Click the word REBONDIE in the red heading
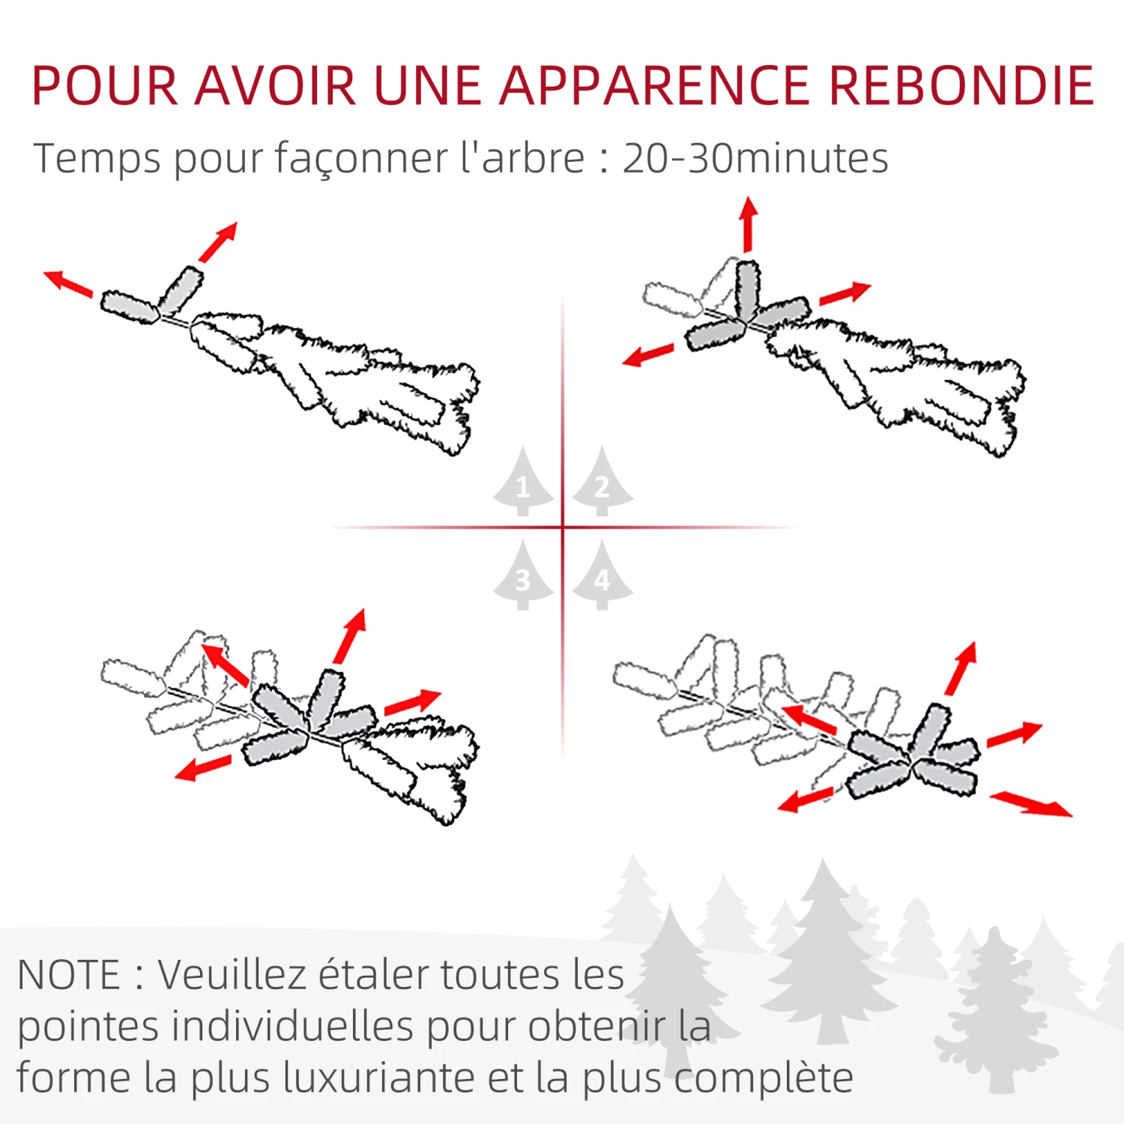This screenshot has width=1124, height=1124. (x=961, y=85)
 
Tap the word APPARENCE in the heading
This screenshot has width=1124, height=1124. (x=654, y=85)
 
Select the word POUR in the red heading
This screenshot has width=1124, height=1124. (x=105, y=85)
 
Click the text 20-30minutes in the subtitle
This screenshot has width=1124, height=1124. (x=755, y=158)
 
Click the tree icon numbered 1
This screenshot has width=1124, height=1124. (x=523, y=483)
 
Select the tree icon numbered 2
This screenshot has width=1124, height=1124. (x=602, y=483)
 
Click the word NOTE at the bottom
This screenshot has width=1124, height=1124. (x=69, y=975)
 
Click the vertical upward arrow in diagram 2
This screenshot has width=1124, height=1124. (x=748, y=224)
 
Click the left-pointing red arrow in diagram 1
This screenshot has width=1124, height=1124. (x=68, y=283)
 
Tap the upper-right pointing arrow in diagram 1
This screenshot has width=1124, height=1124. (x=219, y=241)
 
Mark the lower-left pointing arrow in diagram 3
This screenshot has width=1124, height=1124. (x=203, y=768)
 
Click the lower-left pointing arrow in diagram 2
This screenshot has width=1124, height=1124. (x=648, y=355)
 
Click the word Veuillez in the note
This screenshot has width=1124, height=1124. (x=231, y=975)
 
